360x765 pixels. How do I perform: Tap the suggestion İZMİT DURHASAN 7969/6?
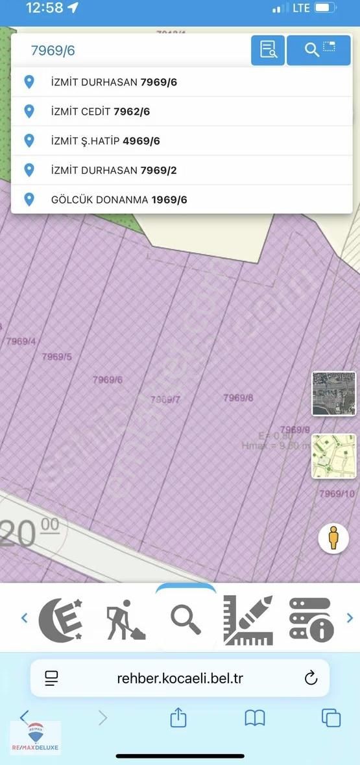[114, 82]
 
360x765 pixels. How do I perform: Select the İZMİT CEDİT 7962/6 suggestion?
[101, 112]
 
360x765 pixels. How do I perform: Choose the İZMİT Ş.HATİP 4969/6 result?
[105, 141]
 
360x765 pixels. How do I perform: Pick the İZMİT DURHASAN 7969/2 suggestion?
[114, 170]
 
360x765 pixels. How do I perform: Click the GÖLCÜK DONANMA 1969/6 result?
[119, 200]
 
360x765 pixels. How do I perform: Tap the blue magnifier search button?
[318, 49]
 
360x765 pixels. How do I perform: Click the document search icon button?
[268, 49]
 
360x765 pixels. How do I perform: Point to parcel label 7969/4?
[21, 341]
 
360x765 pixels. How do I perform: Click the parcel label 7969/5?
[56, 357]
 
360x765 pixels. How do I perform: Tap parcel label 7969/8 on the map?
[238, 397]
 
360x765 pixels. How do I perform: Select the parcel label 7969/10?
[337, 494]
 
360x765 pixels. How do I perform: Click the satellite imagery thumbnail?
[333, 394]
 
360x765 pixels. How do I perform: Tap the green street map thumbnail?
[333, 456]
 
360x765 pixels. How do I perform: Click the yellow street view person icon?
[333, 538]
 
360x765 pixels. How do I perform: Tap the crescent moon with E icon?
[60, 618]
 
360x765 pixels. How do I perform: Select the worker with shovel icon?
[125, 619]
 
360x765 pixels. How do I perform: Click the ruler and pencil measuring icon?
[247, 619]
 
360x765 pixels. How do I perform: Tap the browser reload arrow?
[311, 678]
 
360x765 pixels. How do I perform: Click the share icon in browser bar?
[178, 717]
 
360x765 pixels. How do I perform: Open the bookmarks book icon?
[255, 717]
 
